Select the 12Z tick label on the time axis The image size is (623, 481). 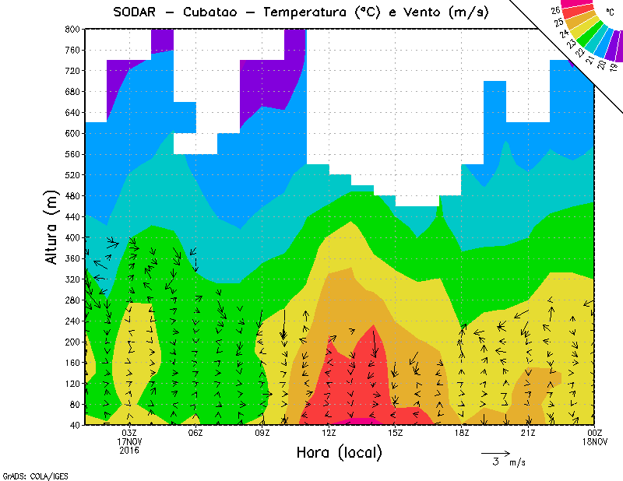coord(329,433)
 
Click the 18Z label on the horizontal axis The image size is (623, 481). coord(462,433)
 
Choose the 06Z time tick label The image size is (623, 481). coord(195,433)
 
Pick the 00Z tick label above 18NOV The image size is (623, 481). coord(595,433)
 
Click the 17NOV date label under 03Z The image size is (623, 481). coord(129,441)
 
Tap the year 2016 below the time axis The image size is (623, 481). coord(129,451)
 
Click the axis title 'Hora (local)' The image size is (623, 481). coord(339,452)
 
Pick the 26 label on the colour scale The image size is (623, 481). coord(555,11)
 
